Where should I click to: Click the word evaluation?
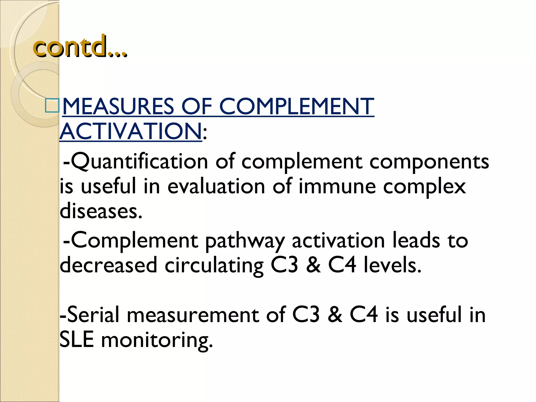(216, 186)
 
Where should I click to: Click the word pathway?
(245, 241)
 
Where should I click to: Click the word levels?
(392, 265)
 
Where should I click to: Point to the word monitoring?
(157, 340)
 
